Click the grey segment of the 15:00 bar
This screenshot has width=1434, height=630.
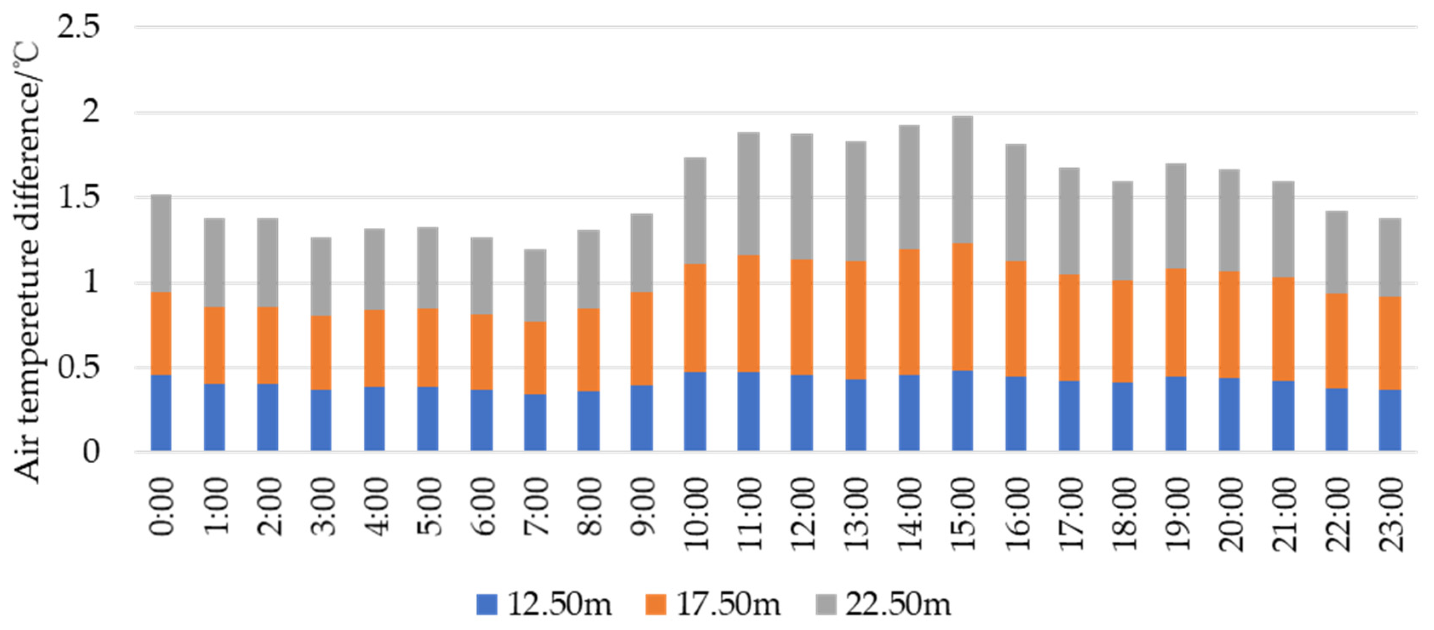coord(963,180)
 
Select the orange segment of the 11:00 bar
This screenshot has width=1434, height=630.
coord(748,313)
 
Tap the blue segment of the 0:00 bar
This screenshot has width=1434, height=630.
coord(161,412)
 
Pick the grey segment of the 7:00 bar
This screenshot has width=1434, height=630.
coord(535,286)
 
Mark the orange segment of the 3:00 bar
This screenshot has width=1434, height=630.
coord(321,352)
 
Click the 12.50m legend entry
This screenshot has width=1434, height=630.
coord(544,604)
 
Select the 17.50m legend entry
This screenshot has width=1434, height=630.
coord(713,604)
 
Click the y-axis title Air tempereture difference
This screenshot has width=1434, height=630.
coord(27,261)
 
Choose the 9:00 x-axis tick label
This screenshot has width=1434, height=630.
coord(643,507)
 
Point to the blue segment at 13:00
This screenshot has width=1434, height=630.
coord(856,415)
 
